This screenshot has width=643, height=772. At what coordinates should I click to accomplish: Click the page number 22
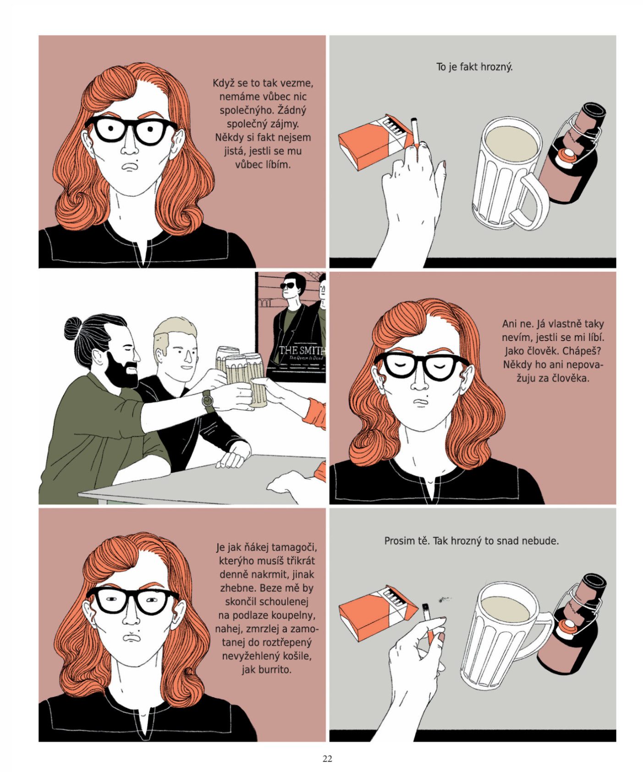pos(327,759)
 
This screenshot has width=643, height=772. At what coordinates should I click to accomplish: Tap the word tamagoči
pos(300,547)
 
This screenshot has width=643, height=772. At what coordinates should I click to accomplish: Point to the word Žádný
pos(291,110)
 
